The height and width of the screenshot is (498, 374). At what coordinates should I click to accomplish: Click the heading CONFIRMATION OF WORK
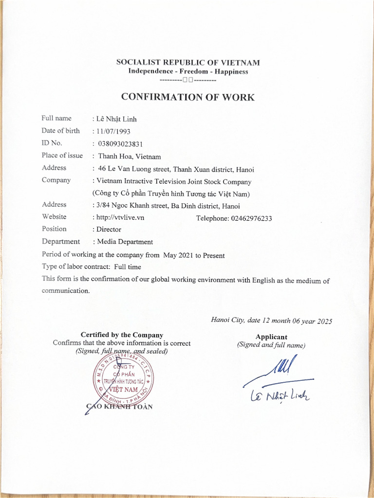click(187, 97)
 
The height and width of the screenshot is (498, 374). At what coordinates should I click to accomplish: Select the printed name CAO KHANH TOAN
click(119, 407)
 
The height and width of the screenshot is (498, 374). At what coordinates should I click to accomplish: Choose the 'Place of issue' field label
click(62, 156)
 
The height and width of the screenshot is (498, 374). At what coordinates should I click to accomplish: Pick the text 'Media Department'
click(125, 242)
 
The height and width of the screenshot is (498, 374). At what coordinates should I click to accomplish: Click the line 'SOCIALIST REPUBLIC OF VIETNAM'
click(188, 63)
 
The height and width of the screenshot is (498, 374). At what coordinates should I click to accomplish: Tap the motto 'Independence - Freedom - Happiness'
click(188, 71)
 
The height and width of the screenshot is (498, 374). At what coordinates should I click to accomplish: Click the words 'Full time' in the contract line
click(128, 267)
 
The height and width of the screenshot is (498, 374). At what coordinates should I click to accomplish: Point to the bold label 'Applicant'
click(271, 337)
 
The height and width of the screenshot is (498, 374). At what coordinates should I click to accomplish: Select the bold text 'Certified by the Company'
click(122, 335)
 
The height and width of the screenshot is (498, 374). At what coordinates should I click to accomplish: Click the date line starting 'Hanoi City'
click(271, 320)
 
